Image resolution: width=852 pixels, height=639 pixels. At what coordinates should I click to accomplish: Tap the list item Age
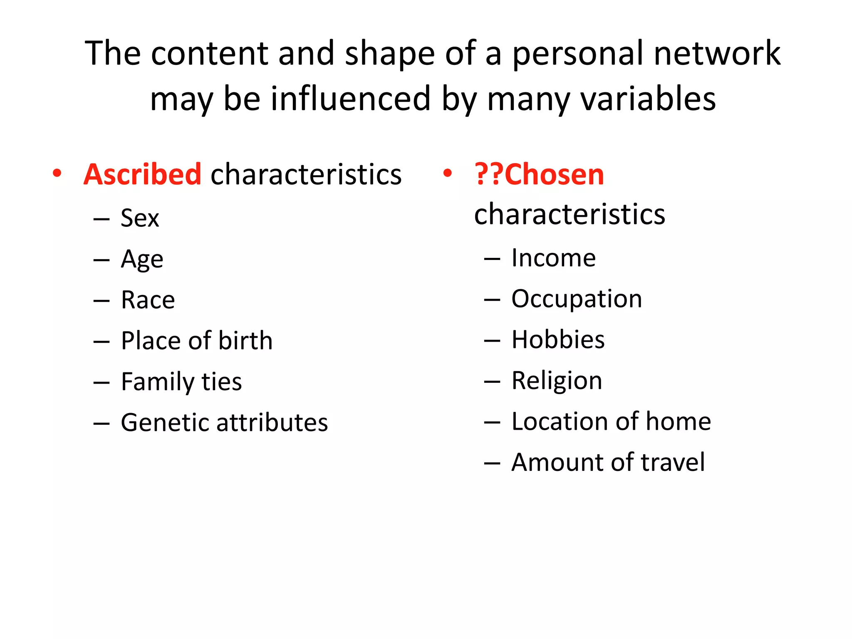pyautogui.click(x=142, y=260)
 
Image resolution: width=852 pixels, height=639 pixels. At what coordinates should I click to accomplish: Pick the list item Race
pyautogui.click(x=148, y=300)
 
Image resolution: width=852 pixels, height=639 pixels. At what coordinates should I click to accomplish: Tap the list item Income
pyautogui.click(x=553, y=258)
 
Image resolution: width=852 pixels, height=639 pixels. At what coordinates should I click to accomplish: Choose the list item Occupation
pyautogui.click(x=577, y=299)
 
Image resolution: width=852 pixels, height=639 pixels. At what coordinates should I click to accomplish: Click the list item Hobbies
pyautogui.click(x=558, y=339)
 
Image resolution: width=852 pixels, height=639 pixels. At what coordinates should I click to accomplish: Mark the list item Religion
pyautogui.click(x=557, y=381)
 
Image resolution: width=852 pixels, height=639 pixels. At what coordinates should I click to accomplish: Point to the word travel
pyautogui.click(x=673, y=462)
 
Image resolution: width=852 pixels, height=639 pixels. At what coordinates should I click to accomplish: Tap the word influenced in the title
pyautogui.click(x=351, y=99)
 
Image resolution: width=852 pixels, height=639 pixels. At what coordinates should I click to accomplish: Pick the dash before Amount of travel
pyautogui.click(x=492, y=463)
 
